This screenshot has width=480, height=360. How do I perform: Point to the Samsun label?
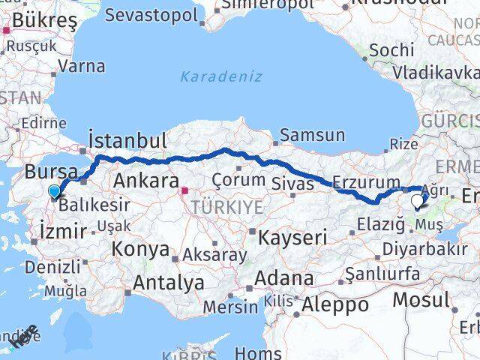click(313, 136)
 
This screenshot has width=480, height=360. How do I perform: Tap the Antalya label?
click(169, 283)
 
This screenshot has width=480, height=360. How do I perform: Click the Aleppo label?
click(335, 304)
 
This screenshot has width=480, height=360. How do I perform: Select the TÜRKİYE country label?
click(226, 206)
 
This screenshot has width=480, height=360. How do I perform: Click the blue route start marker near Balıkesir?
click(55, 192)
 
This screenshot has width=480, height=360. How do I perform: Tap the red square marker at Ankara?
click(185, 190)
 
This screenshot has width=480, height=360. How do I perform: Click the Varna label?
click(81, 65)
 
